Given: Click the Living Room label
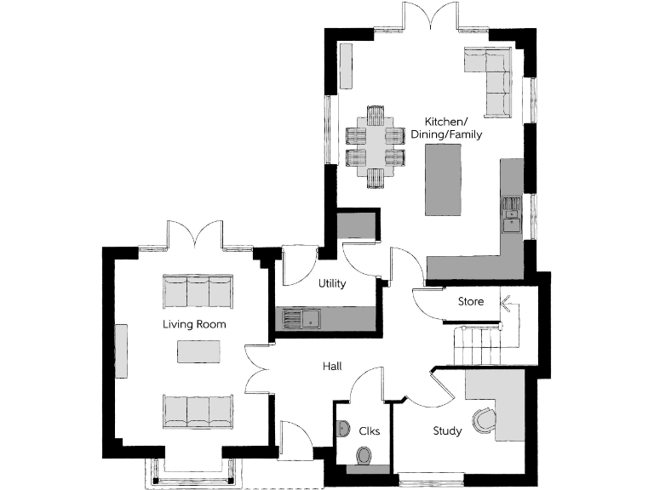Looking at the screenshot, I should (195, 325).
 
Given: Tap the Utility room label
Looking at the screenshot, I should (331, 283).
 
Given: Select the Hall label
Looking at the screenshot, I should (332, 366).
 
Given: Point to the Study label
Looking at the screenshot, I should (447, 431).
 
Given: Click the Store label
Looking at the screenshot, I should (471, 302).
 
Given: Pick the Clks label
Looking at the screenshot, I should (369, 431).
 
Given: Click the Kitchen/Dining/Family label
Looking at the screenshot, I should (446, 128).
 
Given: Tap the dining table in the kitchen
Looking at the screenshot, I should (376, 145).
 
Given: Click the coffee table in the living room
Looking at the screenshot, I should (198, 350).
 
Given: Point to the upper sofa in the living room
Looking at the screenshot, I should (197, 291).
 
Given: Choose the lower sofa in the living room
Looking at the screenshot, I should (197, 412).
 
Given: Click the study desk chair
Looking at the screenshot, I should (484, 419).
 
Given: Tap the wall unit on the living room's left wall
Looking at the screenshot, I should (122, 350).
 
